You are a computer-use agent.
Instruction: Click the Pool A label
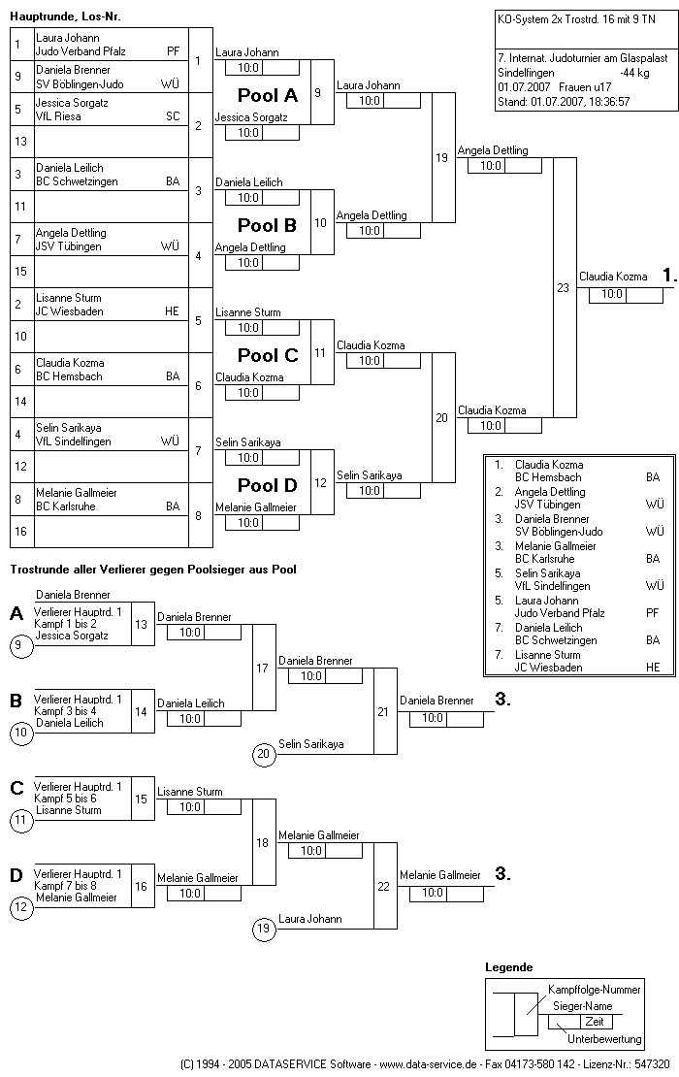click(268, 95)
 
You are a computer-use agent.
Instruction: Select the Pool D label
click(268, 485)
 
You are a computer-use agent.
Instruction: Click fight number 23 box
click(563, 287)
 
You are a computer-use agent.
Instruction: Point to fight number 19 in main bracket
click(441, 157)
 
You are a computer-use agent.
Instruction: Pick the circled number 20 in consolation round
click(263, 754)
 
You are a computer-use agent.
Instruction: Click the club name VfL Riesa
click(58, 116)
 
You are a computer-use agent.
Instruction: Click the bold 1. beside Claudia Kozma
click(668, 276)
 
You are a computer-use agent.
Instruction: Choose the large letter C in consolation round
click(16, 788)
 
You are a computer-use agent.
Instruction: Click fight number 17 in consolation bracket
click(262, 668)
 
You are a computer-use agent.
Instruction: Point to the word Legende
click(508, 967)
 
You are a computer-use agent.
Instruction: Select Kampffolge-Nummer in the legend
click(595, 990)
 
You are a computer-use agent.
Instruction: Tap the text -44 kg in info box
click(634, 72)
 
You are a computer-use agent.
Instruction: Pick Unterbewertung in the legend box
click(604, 1039)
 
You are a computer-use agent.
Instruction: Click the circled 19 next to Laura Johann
click(263, 929)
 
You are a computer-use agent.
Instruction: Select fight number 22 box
click(383, 886)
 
